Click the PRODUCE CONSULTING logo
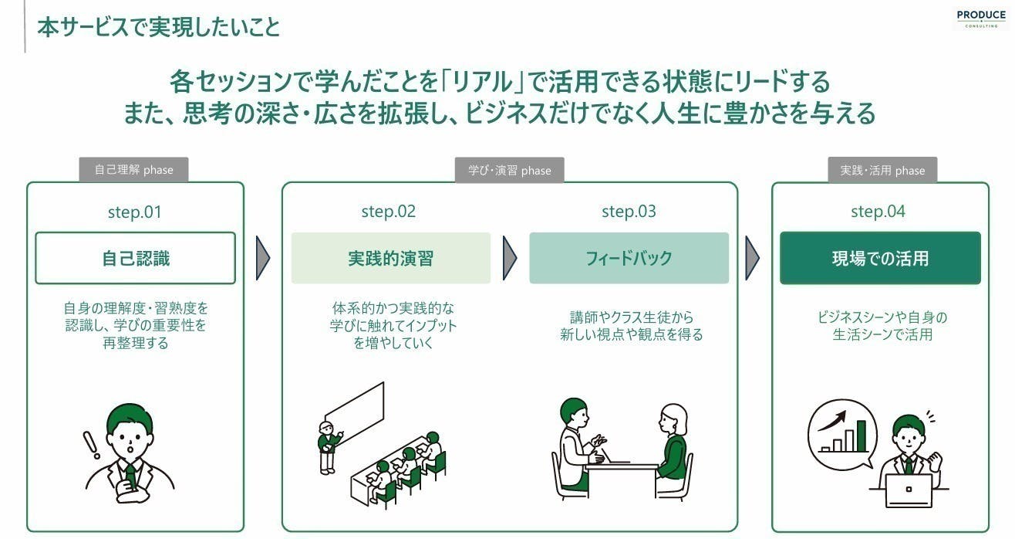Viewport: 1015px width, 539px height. [981, 19]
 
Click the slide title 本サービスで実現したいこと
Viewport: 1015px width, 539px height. [159, 27]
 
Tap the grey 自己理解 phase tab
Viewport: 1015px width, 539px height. [133, 170]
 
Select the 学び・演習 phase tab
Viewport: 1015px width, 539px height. [509, 170]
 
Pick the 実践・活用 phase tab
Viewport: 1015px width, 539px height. [882, 170]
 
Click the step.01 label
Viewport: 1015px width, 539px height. [134, 212]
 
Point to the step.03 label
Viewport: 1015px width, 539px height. [629, 212]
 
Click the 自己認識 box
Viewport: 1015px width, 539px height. [136, 258]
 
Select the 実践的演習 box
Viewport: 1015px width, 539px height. [390, 258]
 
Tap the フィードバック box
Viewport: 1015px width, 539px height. [629, 258]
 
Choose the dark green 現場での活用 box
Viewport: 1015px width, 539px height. [880, 258]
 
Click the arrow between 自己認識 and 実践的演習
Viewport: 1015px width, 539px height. [263, 258]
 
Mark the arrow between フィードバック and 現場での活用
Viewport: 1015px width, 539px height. [752, 258]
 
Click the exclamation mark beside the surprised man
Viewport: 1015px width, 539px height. [92, 445]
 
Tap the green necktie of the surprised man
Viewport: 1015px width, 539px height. [130, 476]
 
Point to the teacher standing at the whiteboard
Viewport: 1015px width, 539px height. [328, 448]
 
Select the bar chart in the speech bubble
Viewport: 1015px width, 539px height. [843, 436]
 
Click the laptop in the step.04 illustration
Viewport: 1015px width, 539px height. [909, 491]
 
